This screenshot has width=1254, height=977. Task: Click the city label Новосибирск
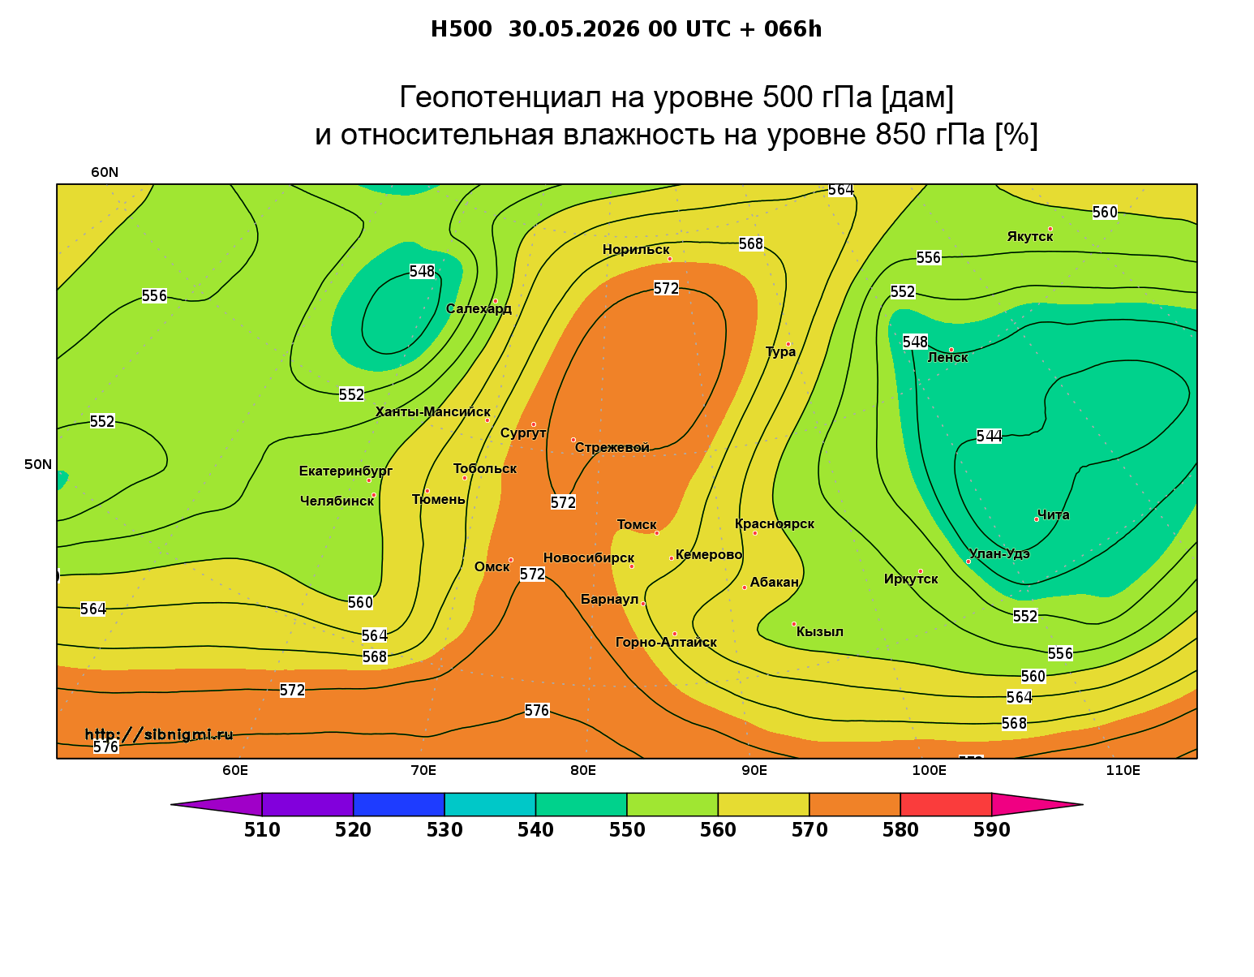(x=589, y=558)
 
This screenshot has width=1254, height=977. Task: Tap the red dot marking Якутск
(x=1050, y=229)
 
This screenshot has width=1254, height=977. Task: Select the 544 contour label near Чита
(x=989, y=437)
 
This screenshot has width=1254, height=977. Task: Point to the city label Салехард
(x=479, y=308)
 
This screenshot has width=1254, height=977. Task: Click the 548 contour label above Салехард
(x=422, y=271)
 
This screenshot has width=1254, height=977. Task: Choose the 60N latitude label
(x=105, y=172)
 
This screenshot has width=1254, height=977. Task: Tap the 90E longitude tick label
(x=754, y=770)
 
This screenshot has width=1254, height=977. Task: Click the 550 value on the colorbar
(x=627, y=830)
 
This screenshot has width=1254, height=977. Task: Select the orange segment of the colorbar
(x=855, y=804)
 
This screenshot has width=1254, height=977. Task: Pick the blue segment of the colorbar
(x=399, y=804)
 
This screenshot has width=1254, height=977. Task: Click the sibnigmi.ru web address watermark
(x=159, y=734)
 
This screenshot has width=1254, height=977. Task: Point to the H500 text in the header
(x=461, y=29)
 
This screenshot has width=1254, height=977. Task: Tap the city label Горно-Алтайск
(x=666, y=643)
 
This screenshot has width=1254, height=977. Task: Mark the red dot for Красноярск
(x=755, y=533)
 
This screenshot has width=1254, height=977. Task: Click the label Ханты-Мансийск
(x=433, y=412)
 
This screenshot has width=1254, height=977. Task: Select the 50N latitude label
(x=38, y=464)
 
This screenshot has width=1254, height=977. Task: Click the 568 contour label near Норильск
(x=751, y=244)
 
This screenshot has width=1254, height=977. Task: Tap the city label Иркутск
(x=911, y=579)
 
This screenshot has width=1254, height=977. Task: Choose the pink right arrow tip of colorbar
(x=1083, y=804)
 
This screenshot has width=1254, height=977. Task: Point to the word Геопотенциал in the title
(x=500, y=97)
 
